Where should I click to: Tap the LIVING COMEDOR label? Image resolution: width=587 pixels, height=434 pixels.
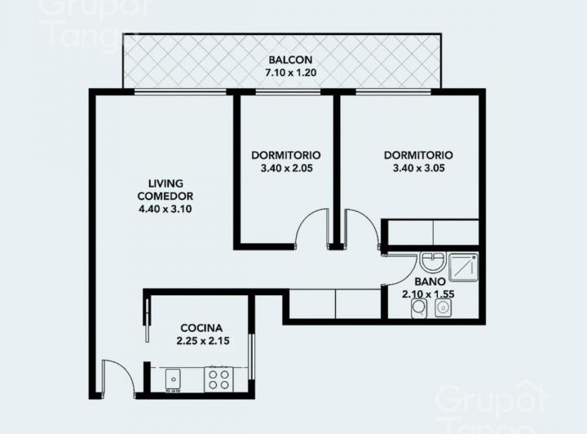(165, 189)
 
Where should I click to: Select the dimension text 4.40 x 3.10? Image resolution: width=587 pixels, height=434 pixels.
(165, 209)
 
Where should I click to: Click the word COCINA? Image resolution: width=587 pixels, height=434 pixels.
(202, 328)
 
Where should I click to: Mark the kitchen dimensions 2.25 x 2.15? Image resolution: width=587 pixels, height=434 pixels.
(202, 341)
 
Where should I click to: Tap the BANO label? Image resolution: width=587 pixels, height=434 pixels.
(429, 282)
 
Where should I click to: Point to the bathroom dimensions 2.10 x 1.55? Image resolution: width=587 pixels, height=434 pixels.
(429, 294)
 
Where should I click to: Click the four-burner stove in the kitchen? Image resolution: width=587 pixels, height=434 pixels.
(218, 378)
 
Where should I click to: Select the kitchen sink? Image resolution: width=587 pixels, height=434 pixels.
(173, 378)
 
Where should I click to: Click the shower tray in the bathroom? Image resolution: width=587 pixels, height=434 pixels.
(464, 267)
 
